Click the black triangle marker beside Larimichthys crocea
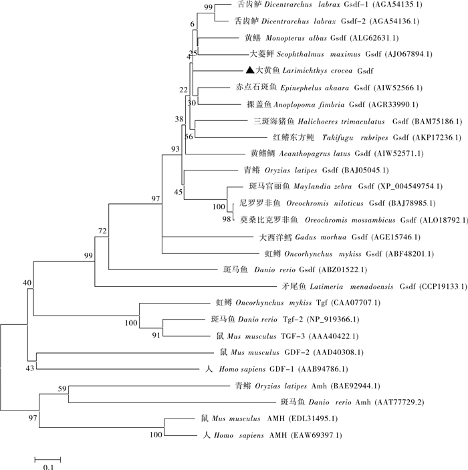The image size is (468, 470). point(249,70)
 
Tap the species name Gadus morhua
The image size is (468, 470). point(312,237)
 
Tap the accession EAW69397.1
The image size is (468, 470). point(316,435)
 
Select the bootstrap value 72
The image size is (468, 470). point(102,231)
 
